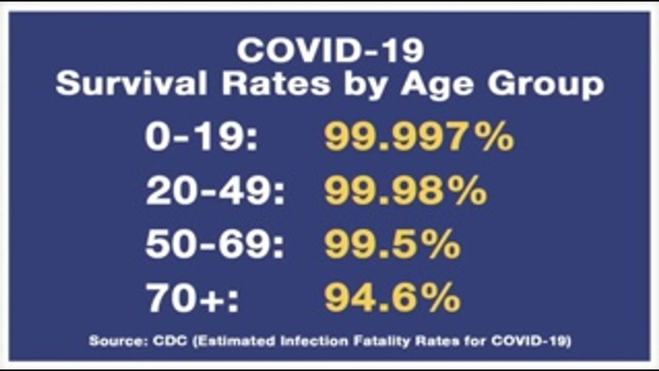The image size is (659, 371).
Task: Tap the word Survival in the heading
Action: [x=132, y=84]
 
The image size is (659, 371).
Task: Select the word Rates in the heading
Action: [x=276, y=84]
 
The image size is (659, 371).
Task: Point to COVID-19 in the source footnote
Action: [x=530, y=341]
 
